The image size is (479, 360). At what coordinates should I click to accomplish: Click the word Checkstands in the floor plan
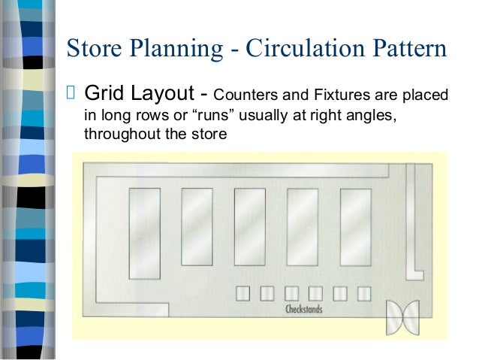coord(303,310)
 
